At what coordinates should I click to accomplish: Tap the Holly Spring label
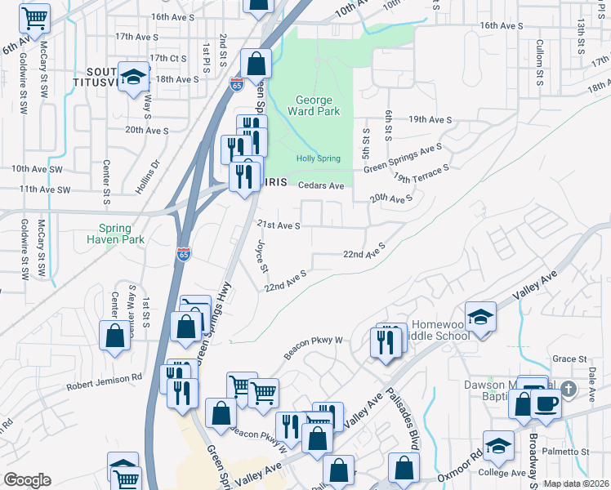(318, 158)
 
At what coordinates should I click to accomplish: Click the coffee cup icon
(546, 403)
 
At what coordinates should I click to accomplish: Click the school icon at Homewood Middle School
(480, 317)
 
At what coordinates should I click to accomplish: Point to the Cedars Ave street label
(319, 185)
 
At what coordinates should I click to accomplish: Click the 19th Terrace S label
(421, 173)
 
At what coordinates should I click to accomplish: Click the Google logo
(27, 479)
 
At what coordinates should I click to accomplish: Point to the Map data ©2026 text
(576, 483)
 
